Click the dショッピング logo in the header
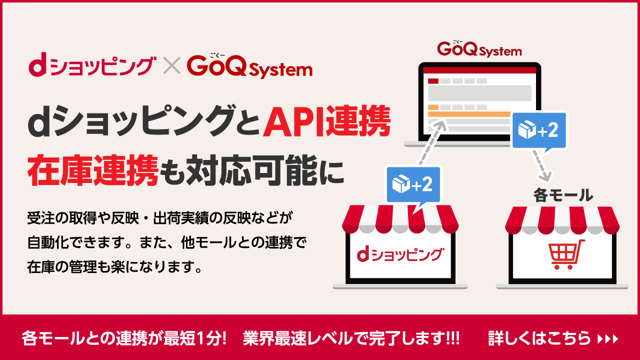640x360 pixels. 90,67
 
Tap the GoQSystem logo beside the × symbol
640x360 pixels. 249,67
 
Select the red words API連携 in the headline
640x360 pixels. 327,123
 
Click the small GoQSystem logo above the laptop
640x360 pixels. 479,49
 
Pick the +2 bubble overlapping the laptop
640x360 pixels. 538,130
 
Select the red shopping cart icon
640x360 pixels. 566,254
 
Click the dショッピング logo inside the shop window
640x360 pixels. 399,254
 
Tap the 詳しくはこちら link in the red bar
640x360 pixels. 539,338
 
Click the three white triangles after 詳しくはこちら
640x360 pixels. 608,339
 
